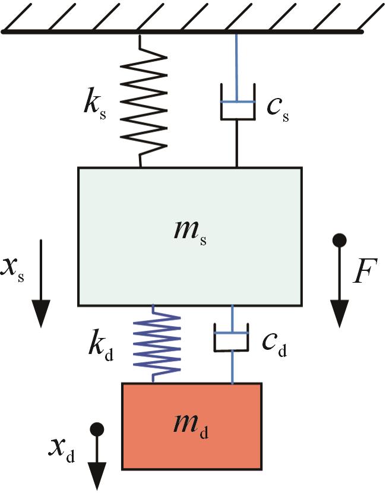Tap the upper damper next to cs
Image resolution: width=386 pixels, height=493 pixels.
pyautogui.click(x=237, y=103)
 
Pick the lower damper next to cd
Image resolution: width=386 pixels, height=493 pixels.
pyautogui.click(x=232, y=339)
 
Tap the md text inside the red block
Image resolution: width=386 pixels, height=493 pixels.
pyautogui.click(x=191, y=425)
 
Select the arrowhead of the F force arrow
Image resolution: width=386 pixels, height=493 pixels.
pyautogui.click(x=339, y=313)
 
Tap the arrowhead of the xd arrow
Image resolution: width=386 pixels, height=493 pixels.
pyautogui.click(x=97, y=476)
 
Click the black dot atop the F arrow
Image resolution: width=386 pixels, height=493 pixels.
pyautogui.click(x=339, y=241)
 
